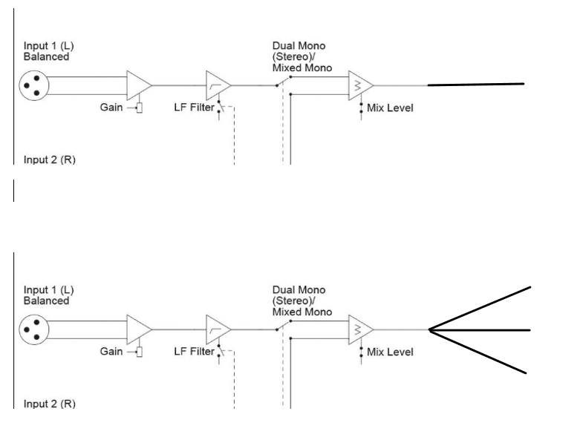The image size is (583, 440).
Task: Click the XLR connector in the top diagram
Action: point(34,85)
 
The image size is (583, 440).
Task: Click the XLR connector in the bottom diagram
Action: point(34,329)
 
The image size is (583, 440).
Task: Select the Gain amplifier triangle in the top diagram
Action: point(139,85)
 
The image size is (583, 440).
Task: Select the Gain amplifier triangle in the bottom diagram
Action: point(139,329)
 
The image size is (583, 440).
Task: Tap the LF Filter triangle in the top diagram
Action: point(218,85)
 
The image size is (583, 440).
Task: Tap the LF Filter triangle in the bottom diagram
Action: point(218,329)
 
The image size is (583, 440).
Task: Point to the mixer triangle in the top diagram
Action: point(360,85)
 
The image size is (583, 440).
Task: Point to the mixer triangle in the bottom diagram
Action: point(360,329)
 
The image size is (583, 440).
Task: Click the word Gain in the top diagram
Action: point(111,108)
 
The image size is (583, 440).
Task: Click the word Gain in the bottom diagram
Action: point(111,352)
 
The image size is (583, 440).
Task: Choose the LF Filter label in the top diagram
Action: point(194,108)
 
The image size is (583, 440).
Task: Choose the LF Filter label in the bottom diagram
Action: point(194,352)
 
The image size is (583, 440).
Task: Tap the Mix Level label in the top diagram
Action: point(390,108)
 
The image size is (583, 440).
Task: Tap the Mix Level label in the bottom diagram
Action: point(390,352)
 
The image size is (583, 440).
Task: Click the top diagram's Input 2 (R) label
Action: point(50,160)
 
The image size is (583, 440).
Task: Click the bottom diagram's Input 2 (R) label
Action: point(50,404)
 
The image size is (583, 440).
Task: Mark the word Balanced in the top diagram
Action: point(46,56)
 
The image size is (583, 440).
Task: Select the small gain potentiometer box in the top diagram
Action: point(140,108)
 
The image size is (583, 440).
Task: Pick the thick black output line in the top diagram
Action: point(476,85)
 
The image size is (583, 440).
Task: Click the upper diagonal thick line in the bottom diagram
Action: point(480,309)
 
